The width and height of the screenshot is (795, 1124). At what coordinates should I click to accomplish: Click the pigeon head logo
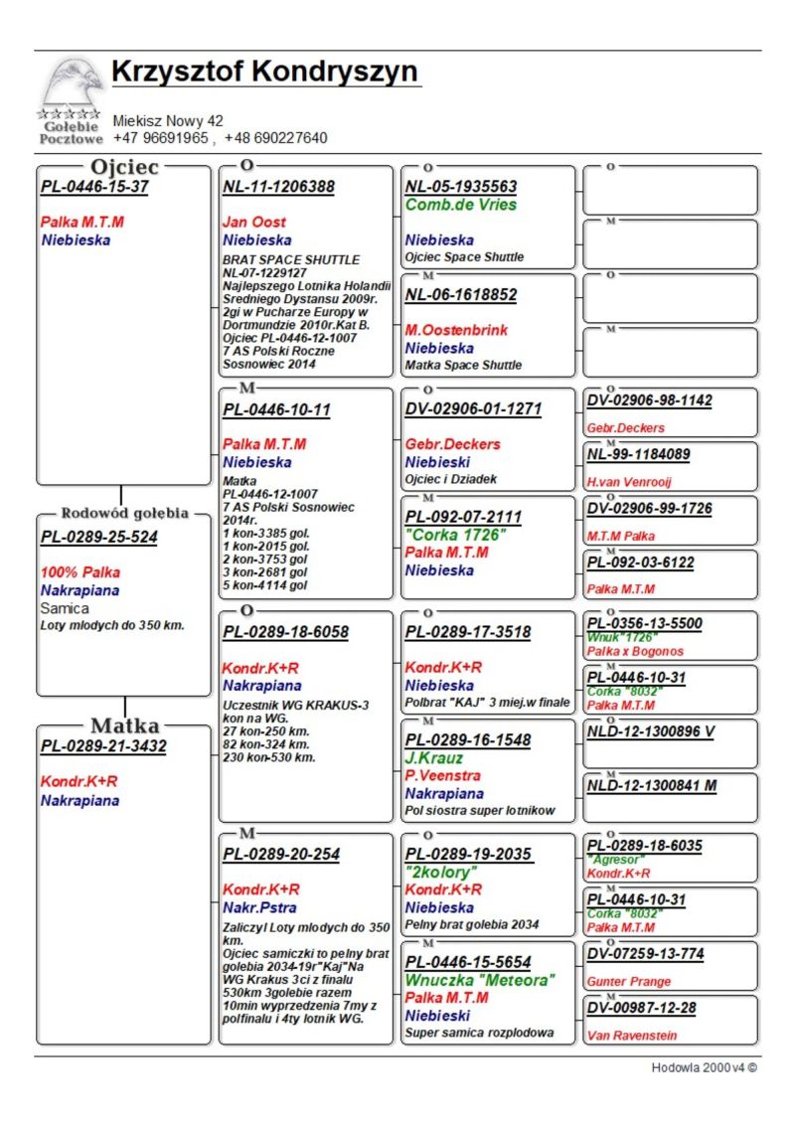coord(72,84)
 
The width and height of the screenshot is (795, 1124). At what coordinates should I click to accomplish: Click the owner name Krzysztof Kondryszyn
coord(265,73)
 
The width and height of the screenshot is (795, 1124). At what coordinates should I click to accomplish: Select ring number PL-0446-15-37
coord(94,187)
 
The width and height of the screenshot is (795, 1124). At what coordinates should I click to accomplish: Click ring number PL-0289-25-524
coord(99,538)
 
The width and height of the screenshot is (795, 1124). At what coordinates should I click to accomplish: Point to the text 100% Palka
coord(79,573)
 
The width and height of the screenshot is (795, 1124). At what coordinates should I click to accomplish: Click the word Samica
coord(65,608)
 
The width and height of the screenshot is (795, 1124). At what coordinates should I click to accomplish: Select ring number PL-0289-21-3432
coord(103,746)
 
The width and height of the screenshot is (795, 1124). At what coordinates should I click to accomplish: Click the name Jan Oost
coord(253,223)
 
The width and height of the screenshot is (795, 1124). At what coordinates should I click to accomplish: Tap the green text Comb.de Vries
coord(461,205)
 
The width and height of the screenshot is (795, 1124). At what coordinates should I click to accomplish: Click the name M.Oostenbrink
coord(456,330)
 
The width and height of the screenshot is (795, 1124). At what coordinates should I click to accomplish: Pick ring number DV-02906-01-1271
coord(473,408)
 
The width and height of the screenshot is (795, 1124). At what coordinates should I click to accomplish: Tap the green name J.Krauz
coord(433,758)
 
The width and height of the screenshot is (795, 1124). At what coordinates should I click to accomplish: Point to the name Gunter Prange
coord(628,982)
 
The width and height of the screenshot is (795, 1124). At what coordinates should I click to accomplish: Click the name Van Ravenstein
coord(632,1036)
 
